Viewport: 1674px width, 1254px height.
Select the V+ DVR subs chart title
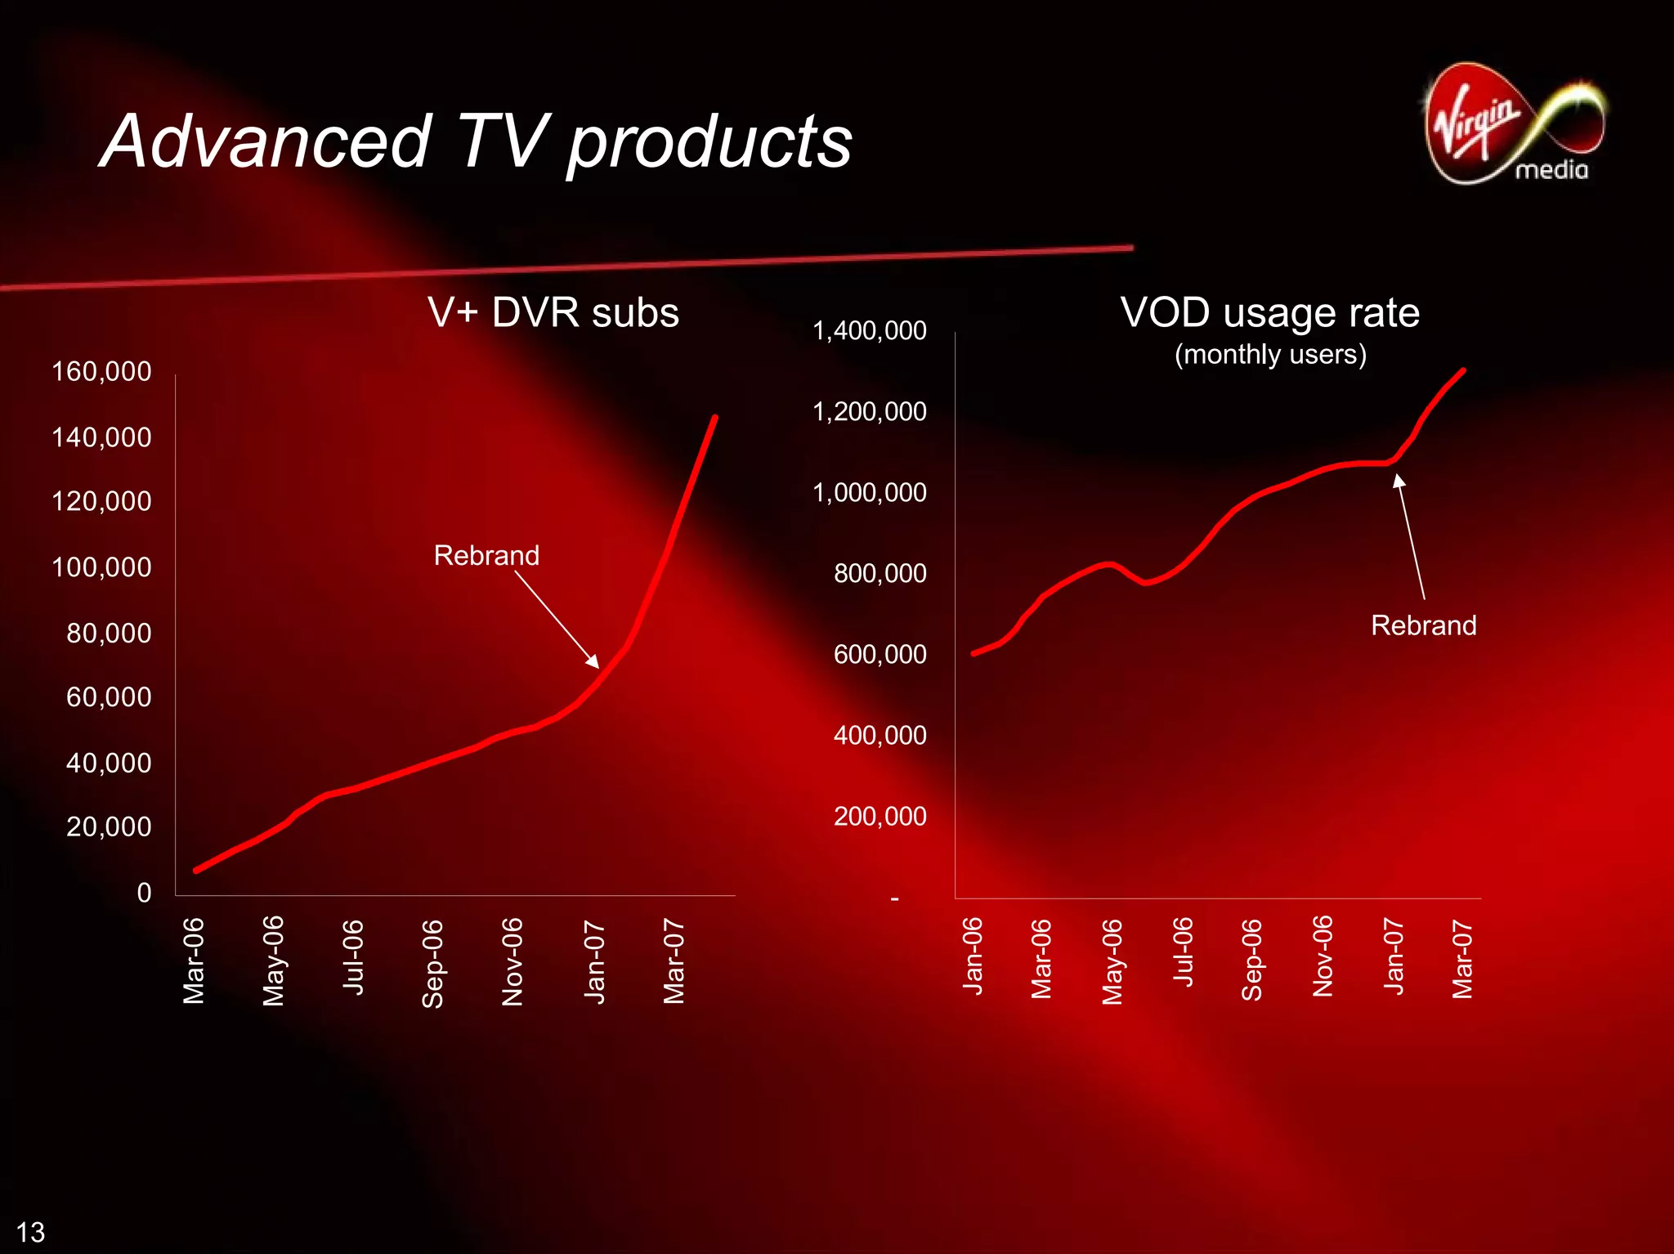click(x=553, y=312)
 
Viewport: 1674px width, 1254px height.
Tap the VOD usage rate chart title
click(x=1269, y=312)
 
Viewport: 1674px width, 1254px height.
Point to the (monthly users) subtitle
click(x=1270, y=355)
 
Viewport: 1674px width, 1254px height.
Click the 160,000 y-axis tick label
click(x=101, y=371)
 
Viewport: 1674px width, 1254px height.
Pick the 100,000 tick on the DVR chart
click(x=101, y=567)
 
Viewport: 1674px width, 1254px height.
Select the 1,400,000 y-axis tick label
click(x=869, y=330)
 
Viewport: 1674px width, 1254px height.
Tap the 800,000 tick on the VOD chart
click(x=880, y=573)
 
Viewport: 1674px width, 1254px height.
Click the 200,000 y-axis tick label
click(x=880, y=816)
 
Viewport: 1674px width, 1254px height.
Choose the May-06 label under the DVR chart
click(x=274, y=961)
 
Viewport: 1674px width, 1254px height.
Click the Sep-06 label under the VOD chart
click(x=1252, y=959)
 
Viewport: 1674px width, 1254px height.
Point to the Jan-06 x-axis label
click(x=973, y=956)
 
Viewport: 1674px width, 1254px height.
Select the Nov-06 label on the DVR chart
click(x=512, y=961)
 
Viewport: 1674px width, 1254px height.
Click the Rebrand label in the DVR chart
click(x=486, y=556)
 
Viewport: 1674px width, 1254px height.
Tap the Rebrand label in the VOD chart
click(x=1423, y=625)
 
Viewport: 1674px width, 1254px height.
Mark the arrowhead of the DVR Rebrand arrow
click(x=594, y=662)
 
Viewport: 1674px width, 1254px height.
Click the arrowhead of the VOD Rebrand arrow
click(x=1399, y=480)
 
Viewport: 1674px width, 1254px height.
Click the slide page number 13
click(x=31, y=1232)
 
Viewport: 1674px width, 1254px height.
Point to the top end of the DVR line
click(x=715, y=418)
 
